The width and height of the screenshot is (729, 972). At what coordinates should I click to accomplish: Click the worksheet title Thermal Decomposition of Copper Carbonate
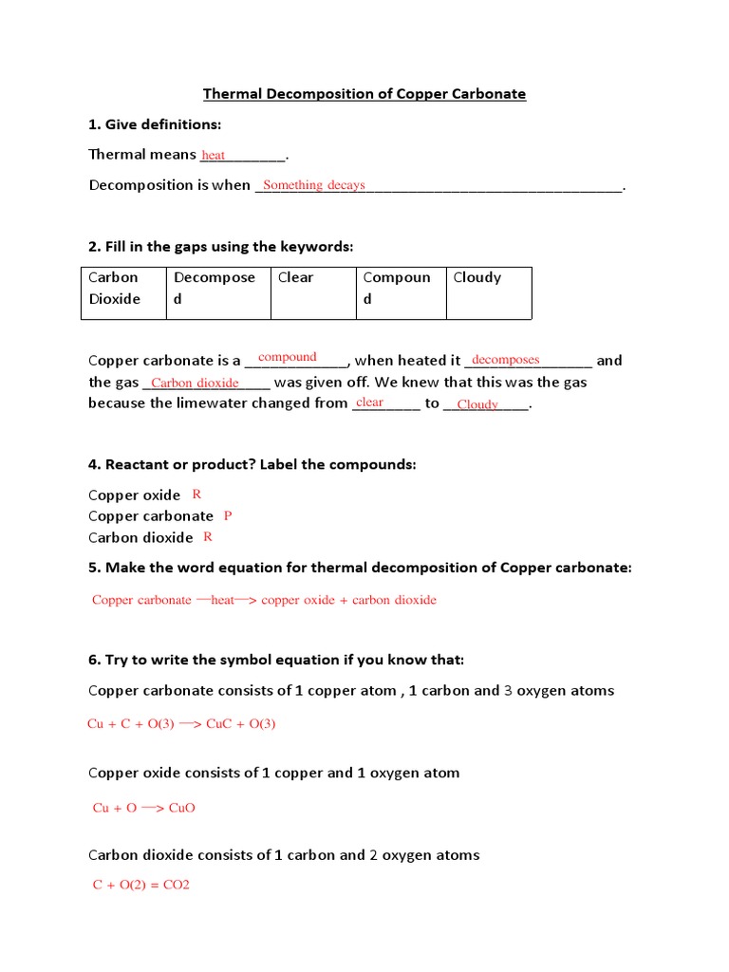(364, 94)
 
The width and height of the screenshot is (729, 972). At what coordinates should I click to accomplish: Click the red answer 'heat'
(214, 156)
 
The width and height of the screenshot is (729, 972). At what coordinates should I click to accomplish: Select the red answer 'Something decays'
(313, 185)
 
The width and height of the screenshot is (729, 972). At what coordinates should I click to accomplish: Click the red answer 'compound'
(288, 357)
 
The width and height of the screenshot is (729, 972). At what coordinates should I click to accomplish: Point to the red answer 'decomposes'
(505, 360)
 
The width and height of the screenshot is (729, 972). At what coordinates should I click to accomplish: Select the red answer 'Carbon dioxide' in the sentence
(195, 383)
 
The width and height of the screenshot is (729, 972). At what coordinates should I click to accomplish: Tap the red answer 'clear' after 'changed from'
(369, 402)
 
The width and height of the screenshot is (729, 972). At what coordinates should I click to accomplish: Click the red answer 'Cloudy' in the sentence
(477, 404)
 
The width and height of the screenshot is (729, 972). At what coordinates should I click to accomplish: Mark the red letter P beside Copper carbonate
(228, 515)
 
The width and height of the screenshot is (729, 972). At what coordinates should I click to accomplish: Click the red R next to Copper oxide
(196, 495)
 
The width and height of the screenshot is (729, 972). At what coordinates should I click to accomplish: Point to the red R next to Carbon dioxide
(208, 537)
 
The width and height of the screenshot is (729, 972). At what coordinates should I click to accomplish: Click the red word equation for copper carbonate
(264, 600)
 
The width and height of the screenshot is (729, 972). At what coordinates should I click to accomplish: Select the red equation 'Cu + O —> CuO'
(143, 808)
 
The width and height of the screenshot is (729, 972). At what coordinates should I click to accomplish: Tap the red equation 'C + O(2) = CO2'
(141, 885)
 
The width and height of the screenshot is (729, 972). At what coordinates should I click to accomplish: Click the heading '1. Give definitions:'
(155, 124)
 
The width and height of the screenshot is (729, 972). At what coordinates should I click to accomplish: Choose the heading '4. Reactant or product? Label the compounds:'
(252, 464)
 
